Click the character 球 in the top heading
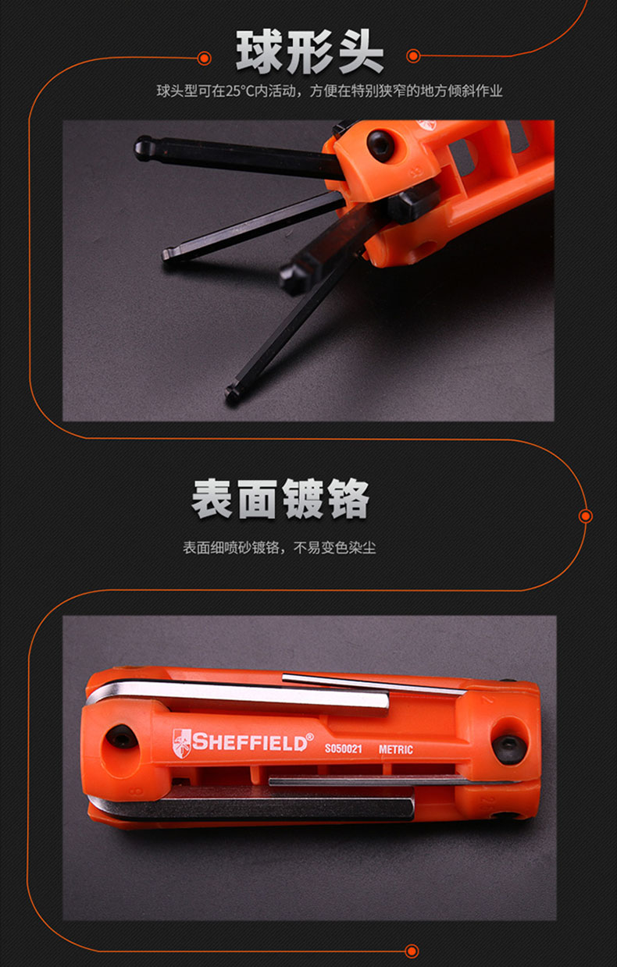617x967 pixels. pos(259,52)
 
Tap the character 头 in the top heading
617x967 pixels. pos(361,52)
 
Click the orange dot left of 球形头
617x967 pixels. pos(204,58)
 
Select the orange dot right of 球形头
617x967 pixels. pos(413,55)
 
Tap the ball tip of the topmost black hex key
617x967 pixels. pos(143,148)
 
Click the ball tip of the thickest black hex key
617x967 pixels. pos(291,279)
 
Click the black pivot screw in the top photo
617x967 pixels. pos(380,145)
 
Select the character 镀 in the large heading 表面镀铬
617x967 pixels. pos(303,499)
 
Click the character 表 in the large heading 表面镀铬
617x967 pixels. pos(212,499)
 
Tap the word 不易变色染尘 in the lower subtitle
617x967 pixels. pos(334,548)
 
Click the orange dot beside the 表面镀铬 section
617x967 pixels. pos(586,516)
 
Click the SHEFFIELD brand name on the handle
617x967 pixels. pos(249,742)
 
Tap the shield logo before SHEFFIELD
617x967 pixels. pos(181,743)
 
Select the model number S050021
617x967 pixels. pos(344,748)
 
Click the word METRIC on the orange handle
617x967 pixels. pos(396,749)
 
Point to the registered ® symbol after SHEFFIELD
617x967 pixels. pos(309,736)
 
